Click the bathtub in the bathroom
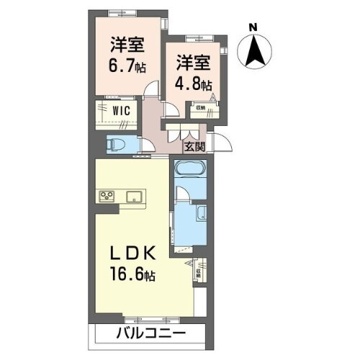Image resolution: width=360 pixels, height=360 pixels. click(x=190, y=172)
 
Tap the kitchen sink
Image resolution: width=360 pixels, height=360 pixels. click(x=134, y=196)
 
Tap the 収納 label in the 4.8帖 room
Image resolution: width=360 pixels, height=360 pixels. click(x=200, y=107)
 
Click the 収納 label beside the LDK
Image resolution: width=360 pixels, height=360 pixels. click(x=199, y=271)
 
